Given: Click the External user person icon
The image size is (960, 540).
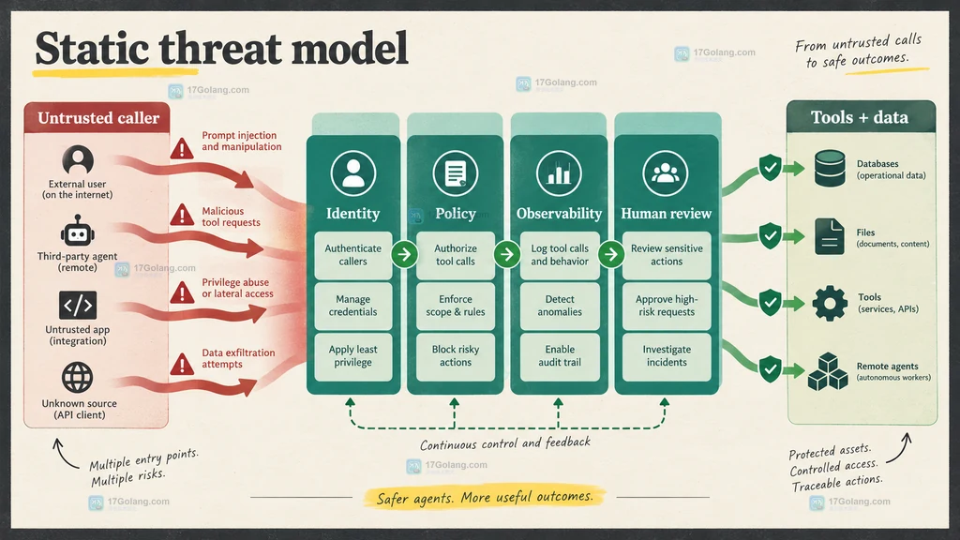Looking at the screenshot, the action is [78, 160].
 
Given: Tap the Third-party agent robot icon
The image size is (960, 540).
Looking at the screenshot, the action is [77, 231].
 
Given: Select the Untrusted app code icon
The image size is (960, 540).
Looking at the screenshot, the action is [78, 305].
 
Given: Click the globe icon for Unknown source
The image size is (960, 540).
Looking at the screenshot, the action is [78, 377].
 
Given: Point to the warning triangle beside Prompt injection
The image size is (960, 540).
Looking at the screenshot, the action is [182, 148].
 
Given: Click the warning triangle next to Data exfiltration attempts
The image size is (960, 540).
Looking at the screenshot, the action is [182, 365].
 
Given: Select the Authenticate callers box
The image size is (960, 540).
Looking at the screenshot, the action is [353, 255].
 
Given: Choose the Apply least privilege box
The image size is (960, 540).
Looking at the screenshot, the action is [353, 356].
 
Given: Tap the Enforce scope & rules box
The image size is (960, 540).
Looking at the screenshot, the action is [456, 306].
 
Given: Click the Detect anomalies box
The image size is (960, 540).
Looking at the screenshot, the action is [560, 306].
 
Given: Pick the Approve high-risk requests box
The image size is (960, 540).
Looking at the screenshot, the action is [667, 306].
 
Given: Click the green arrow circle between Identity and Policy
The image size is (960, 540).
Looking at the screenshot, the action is [404, 254].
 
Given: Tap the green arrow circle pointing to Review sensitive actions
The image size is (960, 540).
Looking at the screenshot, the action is [611, 254].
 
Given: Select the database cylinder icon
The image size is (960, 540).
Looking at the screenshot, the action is [830, 169].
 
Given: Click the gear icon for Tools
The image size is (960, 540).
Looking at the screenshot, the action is [830, 303].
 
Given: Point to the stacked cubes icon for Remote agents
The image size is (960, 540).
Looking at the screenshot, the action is [828, 371].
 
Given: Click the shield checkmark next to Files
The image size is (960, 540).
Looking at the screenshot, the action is [770, 235].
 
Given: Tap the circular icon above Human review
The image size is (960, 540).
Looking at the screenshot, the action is [666, 173].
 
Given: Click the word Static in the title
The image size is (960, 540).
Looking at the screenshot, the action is [92, 49].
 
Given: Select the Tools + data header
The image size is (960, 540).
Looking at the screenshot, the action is [861, 117].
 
